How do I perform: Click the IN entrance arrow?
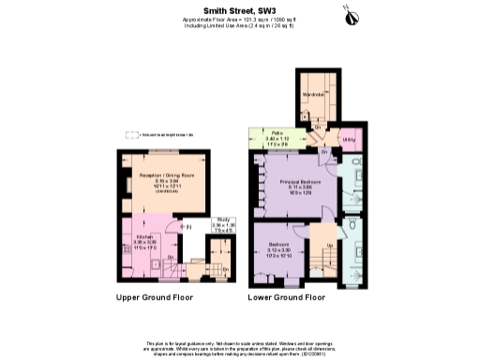[187, 226]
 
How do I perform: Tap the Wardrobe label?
[312, 94]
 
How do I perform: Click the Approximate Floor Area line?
[240, 19]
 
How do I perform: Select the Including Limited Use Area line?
[240, 25]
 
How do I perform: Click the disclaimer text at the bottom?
[240, 346]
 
